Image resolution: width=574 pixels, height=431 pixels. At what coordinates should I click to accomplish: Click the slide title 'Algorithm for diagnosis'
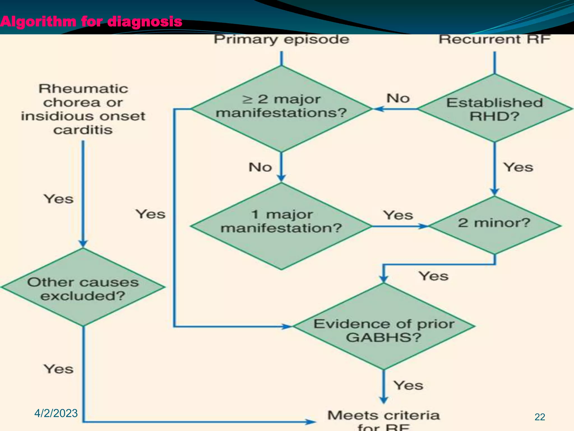click(x=91, y=22)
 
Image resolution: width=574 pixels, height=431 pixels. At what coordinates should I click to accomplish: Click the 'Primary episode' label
click(x=281, y=39)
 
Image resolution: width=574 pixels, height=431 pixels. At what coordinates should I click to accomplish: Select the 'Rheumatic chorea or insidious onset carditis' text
click(x=83, y=109)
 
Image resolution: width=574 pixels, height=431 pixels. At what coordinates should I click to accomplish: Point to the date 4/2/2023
click(x=56, y=413)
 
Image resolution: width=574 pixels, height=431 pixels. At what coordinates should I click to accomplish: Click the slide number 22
click(x=540, y=417)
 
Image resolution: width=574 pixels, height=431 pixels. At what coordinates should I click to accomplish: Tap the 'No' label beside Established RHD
click(x=398, y=98)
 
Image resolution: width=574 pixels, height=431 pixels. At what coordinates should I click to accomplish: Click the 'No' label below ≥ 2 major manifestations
click(x=260, y=167)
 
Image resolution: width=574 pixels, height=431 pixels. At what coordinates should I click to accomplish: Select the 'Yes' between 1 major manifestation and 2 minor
click(x=398, y=215)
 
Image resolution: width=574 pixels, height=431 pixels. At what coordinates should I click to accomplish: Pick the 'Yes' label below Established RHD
click(x=518, y=167)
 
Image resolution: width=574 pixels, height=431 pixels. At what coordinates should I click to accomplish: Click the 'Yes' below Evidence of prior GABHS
click(x=408, y=385)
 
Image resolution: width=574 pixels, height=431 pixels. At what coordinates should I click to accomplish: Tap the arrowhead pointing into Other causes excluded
click(x=83, y=244)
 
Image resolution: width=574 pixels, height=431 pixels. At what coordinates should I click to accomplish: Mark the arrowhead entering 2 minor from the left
click(x=423, y=226)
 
